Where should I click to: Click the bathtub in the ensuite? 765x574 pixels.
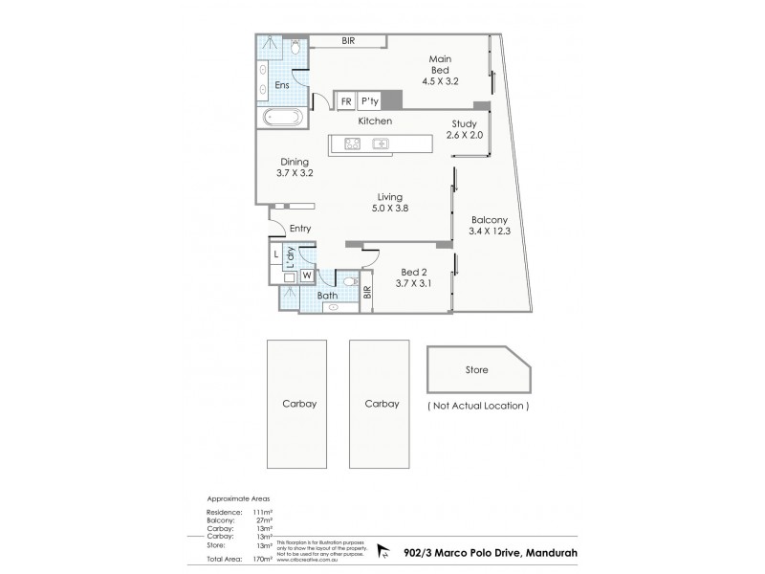281,118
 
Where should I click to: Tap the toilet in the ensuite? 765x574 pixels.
295,46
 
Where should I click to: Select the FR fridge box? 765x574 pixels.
345,100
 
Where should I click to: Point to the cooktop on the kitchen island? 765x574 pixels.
351,144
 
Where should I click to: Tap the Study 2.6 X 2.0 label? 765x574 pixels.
465,129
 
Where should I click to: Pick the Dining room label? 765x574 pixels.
294,162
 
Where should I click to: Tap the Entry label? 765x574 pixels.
300,228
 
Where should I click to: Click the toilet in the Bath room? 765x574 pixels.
350,285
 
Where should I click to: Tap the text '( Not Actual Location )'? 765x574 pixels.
475,406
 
